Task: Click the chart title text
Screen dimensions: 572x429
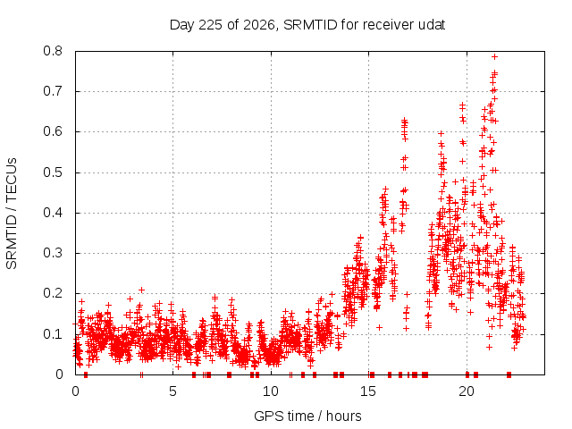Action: point(307,25)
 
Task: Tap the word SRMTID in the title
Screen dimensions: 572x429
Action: point(310,25)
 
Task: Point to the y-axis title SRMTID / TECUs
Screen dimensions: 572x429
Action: point(12,214)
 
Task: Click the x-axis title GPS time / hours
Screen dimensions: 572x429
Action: point(307,416)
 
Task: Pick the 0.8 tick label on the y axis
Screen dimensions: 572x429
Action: point(53,51)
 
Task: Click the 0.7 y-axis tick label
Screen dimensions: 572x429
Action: point(53,91)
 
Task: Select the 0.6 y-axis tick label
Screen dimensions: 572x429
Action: point(53,131)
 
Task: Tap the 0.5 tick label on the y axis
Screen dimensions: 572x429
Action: point(53,172)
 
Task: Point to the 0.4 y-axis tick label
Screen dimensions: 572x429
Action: point(53,213)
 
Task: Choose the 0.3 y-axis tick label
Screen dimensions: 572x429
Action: point(53,253)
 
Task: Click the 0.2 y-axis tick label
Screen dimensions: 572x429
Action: point(53,293)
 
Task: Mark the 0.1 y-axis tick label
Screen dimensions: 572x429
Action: point(53,334)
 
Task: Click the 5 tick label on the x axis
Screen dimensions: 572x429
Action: point(172,391)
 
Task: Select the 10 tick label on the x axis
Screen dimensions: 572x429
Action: point(271,391)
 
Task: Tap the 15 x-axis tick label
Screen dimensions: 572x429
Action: point(368,391)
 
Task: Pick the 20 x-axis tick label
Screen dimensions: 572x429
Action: point(467,391)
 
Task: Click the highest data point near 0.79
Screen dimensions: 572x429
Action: point(494,56)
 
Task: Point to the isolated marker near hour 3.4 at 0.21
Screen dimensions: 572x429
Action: point(142,290)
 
